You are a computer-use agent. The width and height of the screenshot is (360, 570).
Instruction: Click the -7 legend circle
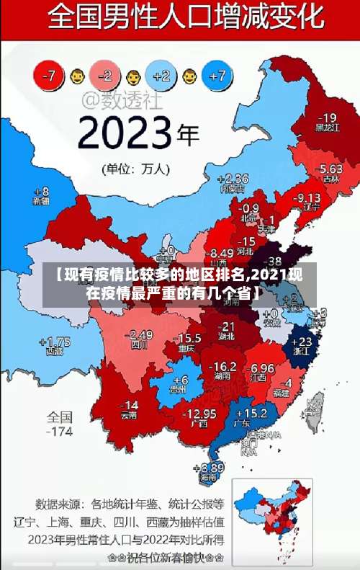click(x=50, y=75)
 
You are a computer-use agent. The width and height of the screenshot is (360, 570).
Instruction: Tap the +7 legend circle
click(x=220, y=75)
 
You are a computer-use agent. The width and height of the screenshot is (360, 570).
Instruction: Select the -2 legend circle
click(x=106, y=75)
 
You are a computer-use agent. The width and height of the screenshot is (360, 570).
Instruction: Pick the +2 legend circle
click(x=162, y=75)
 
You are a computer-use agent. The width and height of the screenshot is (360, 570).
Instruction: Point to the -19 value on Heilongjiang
click(x=328, y=117)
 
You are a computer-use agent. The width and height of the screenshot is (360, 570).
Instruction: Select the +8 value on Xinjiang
click(x=42, y=192)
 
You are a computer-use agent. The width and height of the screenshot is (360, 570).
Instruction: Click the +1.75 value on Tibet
click(x=55, y=342)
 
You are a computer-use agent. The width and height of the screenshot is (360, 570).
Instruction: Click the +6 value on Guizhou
click(x=180, y=380)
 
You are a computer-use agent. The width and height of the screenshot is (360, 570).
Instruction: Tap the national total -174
click(x=60, y=432)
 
